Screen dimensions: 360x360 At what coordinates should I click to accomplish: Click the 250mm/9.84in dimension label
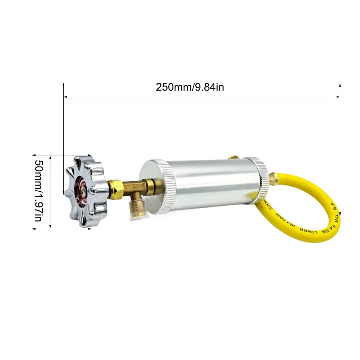point(190,87)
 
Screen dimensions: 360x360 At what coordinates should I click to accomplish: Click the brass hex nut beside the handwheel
point(116,187)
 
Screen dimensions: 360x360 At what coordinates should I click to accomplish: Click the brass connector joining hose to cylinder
point(273,178)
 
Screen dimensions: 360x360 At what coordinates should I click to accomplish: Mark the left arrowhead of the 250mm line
point(65,97)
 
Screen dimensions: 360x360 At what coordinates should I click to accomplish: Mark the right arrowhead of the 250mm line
point(339,97)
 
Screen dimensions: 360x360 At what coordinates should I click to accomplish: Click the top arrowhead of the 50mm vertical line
point(50,157)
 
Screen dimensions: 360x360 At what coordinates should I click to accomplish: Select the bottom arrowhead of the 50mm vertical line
point(50,227)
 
